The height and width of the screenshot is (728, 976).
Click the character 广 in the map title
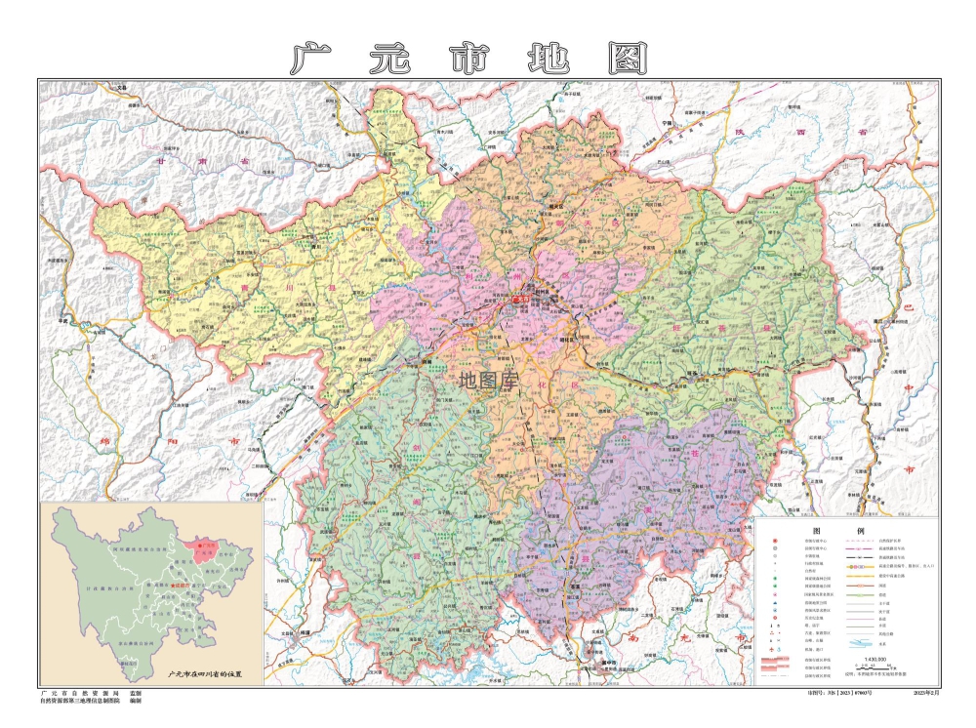point(309,58)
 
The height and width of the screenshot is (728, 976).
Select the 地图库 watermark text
point(488,380)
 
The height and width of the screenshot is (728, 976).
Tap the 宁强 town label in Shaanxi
point(668,125)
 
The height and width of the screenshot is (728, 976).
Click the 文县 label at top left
point(121,89)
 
